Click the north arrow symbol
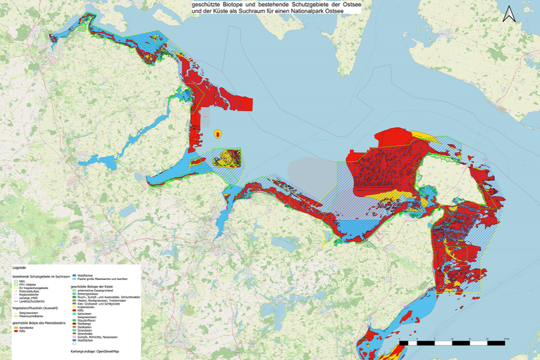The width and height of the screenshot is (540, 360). [508, 13]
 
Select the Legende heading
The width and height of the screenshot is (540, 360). [19, 267]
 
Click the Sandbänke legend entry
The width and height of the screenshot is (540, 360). [25, 327]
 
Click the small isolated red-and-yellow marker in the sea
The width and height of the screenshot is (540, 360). [218, 133]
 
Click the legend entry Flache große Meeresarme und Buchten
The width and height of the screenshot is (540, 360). [102, 279]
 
